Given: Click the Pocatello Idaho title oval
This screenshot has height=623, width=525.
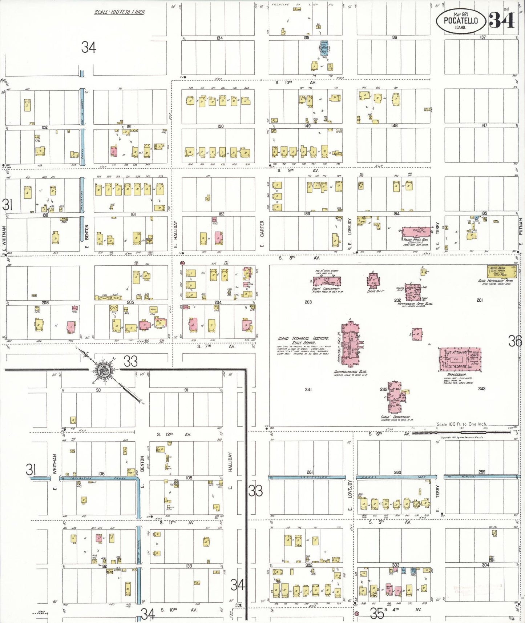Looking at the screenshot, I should click(x=461, y=21).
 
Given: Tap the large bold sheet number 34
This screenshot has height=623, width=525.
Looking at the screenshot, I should click(x=502, y=20).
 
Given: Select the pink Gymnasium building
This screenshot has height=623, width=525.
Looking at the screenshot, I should click(x=460, y=359).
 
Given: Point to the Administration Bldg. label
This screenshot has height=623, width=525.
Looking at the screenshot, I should click(x=350, y=372).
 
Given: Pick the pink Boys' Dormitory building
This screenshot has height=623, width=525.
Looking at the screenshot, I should click(x=327, y=281).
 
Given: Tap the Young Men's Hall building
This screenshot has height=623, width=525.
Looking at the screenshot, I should click(x=416, y=232).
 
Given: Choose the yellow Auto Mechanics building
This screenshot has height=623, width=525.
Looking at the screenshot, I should click(x=501, y=272).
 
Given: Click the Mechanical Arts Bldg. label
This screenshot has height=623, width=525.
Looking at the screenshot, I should click(x=415, y=304).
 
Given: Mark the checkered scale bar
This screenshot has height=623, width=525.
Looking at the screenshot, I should click(x=461, y=432).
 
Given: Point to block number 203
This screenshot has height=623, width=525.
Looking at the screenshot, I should click(x=308, y=302).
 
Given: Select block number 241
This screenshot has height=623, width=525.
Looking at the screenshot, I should click(x=308, y=389).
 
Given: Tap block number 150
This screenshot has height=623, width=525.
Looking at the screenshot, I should click(x=220, y=126).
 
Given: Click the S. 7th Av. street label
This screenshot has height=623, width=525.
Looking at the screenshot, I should click(x=216, y=346).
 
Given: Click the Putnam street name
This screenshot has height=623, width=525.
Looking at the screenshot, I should click(x=521, y=226).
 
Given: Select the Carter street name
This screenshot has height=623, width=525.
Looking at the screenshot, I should click(x=262, y=229).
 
